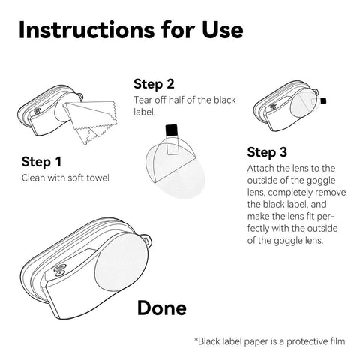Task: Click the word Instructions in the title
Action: (x=87, y=30)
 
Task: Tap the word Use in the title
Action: (x=223, y=30)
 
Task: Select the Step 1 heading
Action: (x=41, y=162)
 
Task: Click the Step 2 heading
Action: (x=154, y=84)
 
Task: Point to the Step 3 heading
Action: (x=267, y=152)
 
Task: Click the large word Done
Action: (x=162, y=307)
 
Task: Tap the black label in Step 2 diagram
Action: (x=172, y=130)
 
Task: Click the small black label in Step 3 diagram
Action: (x=323, y=100)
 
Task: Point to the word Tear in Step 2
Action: (x=143, y=100)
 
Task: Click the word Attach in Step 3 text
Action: (x=261, y=169)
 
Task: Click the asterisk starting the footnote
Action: (x=196, y=340)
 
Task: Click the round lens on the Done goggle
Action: (x=121, y=262)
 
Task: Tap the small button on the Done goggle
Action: (x=59, y=274)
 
